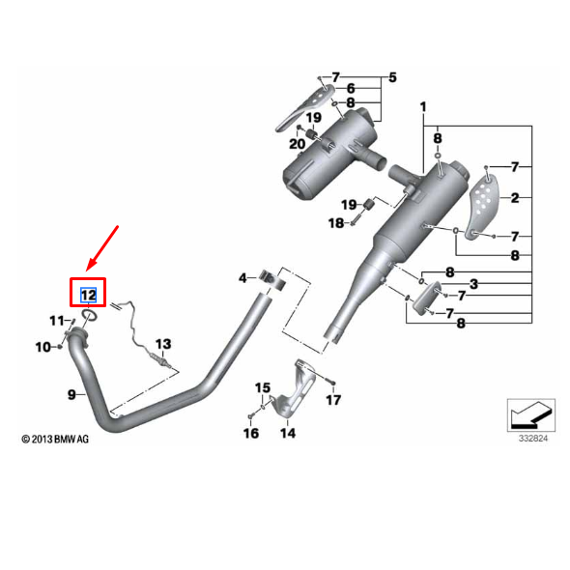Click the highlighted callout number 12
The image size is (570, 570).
coord(88,295)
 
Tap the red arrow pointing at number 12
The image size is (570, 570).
coord(101,248)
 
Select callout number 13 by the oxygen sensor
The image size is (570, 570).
coord(163,344)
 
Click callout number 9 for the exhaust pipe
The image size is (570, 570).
coord(71,394)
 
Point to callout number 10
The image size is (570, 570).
coord(43,347)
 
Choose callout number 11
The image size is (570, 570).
coord(57,321)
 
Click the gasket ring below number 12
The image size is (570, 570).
coord(90,315)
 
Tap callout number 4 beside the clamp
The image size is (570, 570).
coord(242,278)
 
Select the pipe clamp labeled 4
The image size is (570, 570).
coord(272,280)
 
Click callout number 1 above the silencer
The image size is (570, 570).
coord(423,107)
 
